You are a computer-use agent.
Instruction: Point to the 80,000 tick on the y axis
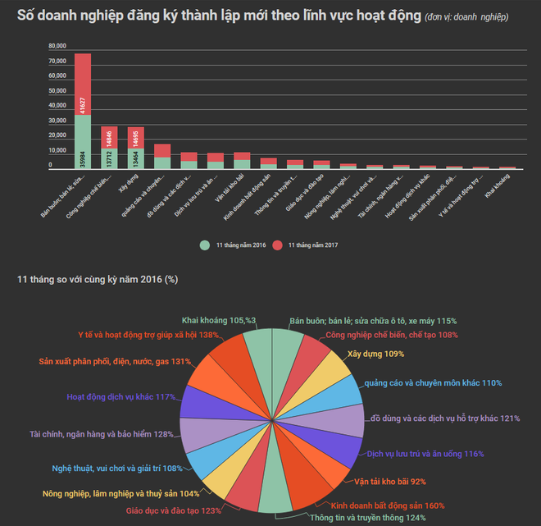pyautogui.click(x=57, y=46)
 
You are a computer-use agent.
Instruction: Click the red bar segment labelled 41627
pyautogui.click(x=83, y=84)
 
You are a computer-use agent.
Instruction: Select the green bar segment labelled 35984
pyautogui.click(x=83, y=141)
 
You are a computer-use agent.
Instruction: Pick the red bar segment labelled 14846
pyautogui.click(x=110, y=137)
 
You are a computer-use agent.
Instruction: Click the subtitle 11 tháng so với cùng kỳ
pyautogui.click(x=98, y=280)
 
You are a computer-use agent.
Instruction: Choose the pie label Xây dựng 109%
pyautogui.click(x=375, y=354)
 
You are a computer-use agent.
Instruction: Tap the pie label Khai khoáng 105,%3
pyautogui.click(x=219, y=321)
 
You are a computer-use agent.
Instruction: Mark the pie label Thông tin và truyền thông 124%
pyautogui.click(x=356, y=517)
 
